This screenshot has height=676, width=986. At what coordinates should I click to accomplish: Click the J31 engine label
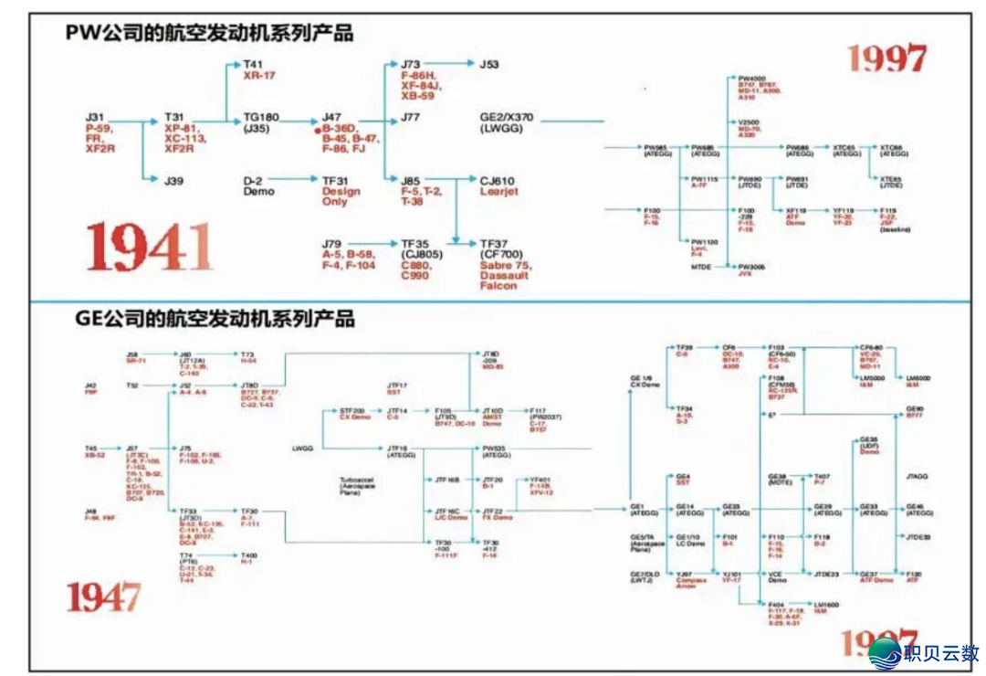point(95,118)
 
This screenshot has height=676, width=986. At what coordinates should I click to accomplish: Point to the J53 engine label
point(490,65)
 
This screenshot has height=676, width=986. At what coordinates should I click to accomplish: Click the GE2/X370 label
point(507,118)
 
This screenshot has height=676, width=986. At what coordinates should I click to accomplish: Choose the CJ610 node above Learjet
point(498,181)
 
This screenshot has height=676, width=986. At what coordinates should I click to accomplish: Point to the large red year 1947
point(103,597)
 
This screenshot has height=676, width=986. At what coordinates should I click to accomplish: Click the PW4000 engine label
point(751,79)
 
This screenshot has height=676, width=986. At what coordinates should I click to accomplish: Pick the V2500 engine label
point(749,122)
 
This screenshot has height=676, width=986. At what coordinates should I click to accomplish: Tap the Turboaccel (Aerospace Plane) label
point(355,483)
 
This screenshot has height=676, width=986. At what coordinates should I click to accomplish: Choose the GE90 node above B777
point(914,409)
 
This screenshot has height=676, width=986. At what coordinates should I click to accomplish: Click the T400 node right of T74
point(248,555)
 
